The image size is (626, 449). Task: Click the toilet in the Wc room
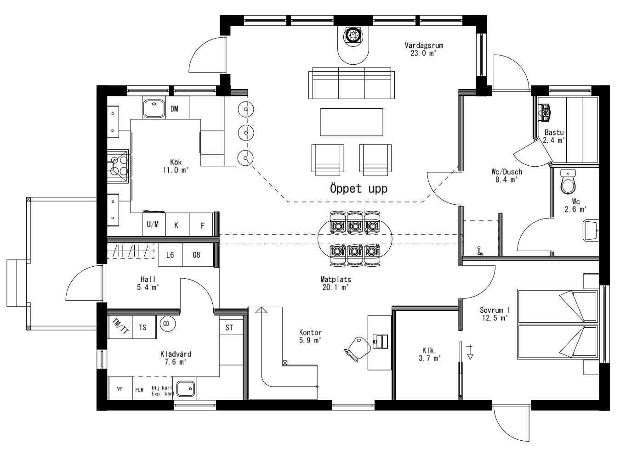[569, 184]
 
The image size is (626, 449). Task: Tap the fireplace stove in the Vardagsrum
[353, 35]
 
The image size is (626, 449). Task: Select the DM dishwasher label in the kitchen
[174, 109]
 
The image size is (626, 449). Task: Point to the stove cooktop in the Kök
[119, 165]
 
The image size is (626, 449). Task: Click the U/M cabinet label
[153, 224]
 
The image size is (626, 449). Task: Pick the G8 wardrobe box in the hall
[196, 255]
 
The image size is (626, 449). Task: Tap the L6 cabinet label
[170, 255]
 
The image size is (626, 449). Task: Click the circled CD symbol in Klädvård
[166, 324]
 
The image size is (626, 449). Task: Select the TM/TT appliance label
[120, 326]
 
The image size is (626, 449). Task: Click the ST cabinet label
[229, 327]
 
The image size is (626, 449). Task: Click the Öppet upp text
[359, 188]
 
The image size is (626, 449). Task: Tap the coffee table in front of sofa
[352, 122]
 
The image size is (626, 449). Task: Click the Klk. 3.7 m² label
[430, 354]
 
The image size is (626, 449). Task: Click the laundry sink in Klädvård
[186, 389]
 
